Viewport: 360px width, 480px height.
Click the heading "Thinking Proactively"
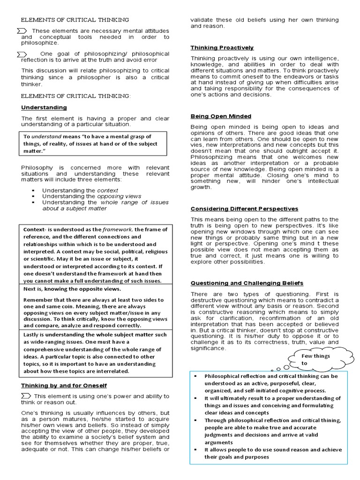tap(222, 48)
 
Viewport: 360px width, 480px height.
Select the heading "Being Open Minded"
tap(220, 116)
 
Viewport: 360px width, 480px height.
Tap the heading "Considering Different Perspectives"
tap(244, 209)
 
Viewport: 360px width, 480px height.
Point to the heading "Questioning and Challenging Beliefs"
tap(247, 283)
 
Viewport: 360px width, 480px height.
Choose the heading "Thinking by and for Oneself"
tap(64, 385)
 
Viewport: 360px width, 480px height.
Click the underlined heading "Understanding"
tap(44, 107)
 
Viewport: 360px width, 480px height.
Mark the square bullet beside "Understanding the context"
tap(33, 190)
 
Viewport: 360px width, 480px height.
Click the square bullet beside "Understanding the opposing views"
tap(33, 196)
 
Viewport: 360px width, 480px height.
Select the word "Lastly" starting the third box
tap(32, 335)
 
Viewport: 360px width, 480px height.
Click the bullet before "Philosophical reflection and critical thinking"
tap(195, 376)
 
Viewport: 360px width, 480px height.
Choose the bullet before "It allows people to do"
tap(195, 450)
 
